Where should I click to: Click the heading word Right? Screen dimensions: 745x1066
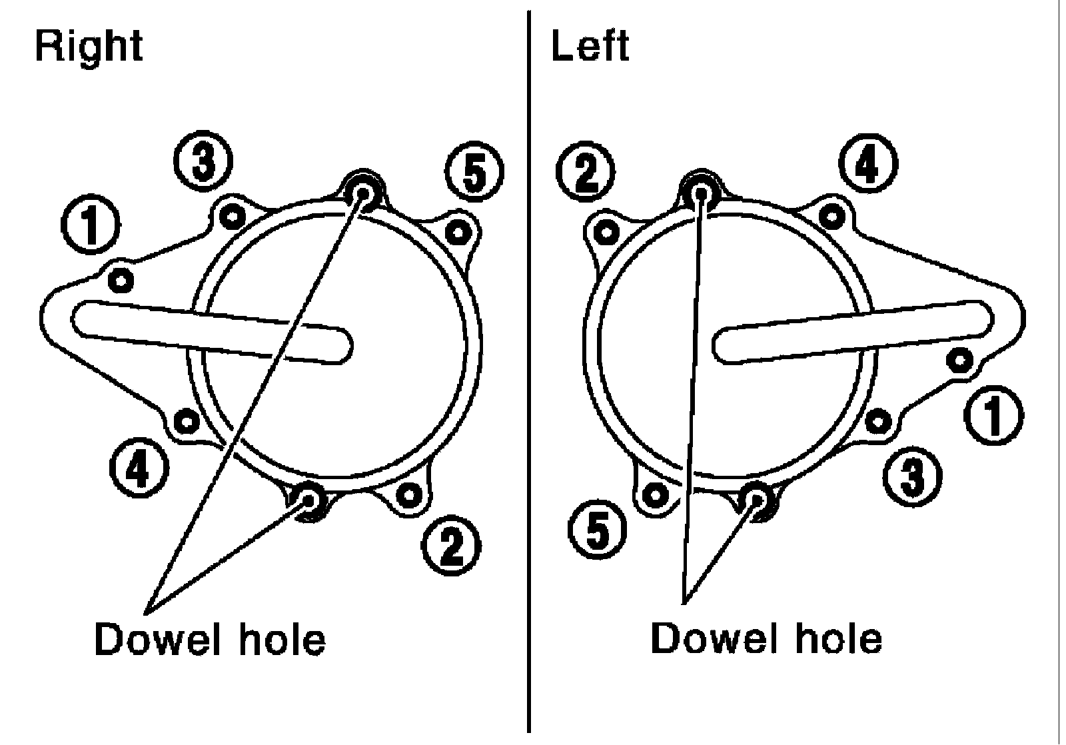click(x=89, y=47)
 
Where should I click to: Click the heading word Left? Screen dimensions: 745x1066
click(x=590, y=47)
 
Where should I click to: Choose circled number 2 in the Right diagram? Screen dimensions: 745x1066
click(x=451, y=547)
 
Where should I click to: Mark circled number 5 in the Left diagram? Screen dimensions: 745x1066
click(x=598, y=531)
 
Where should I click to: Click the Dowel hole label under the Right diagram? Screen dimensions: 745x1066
click(x=210, y=639)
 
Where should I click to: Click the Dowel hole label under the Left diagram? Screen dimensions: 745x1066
click(x=766, y=638)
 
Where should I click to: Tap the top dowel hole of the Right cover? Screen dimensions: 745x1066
click(x=364, y=193)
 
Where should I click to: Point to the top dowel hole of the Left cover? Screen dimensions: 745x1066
click(x=700, y=193)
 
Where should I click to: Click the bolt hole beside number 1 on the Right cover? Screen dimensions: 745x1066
click(x=121, y=280)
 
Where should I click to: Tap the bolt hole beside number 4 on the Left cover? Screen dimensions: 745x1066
click(x=831, y=215)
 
